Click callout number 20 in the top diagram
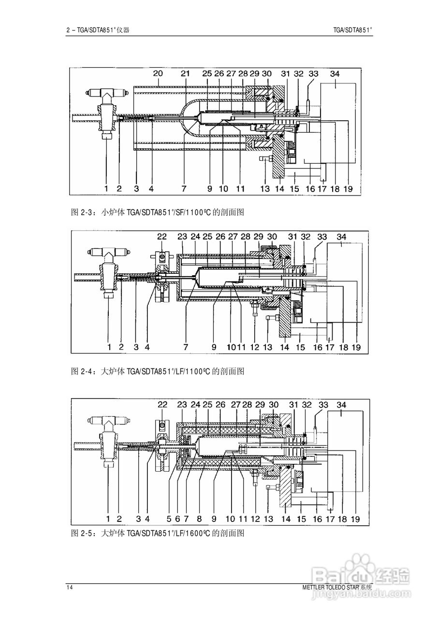(158, 73)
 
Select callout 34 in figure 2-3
(335, 73)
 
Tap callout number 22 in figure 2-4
(162, 237)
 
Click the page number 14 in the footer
(70, 587)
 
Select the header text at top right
(353, 29)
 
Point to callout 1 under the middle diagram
(109, 347)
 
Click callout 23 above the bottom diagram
(182, 405)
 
